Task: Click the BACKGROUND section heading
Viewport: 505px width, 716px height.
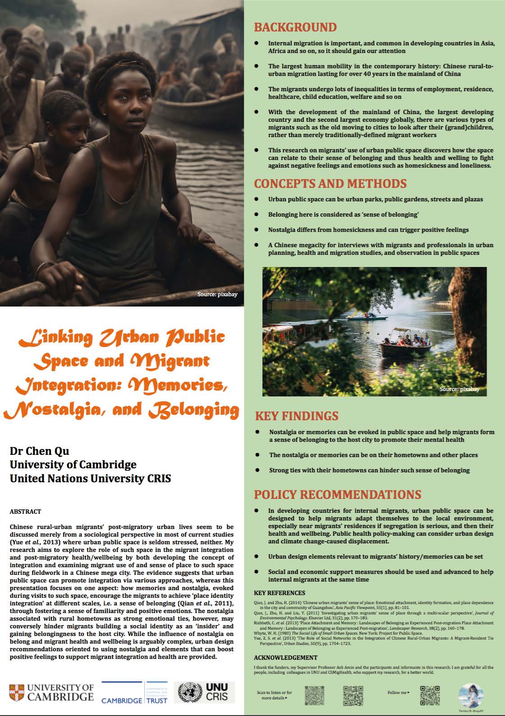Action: click(295, 27)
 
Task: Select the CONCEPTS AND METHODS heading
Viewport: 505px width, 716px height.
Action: click(330, 183)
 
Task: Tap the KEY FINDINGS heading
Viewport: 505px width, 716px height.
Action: click(297, 415)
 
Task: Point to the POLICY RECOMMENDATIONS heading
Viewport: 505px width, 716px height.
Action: click(337, 494)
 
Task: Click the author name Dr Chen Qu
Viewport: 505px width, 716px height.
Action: click(40, 451)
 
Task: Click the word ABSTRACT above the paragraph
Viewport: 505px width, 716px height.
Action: click(25, 511)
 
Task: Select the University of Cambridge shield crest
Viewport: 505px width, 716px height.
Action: click(17, 693)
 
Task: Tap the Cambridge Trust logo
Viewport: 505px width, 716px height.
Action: click(134, 693)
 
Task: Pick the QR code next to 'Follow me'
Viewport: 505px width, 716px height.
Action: click(430, 695)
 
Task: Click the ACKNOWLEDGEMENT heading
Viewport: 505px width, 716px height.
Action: click(285, 658)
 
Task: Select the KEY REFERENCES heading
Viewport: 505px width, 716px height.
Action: click(279, 593)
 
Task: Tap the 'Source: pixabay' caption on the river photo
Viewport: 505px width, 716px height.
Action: click(459, 389)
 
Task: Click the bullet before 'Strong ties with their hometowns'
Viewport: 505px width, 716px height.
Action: click(257, 470)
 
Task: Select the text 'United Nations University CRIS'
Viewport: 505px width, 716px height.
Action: click(90, 479)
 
